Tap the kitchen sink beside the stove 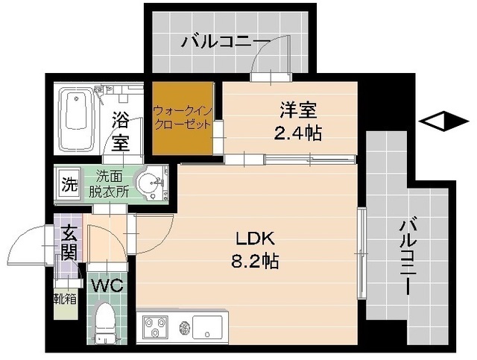(206, 325)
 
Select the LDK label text (256, 239)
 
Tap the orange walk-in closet (182, 119)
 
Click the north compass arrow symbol (432, 120)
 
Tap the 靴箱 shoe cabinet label (64, 300)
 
